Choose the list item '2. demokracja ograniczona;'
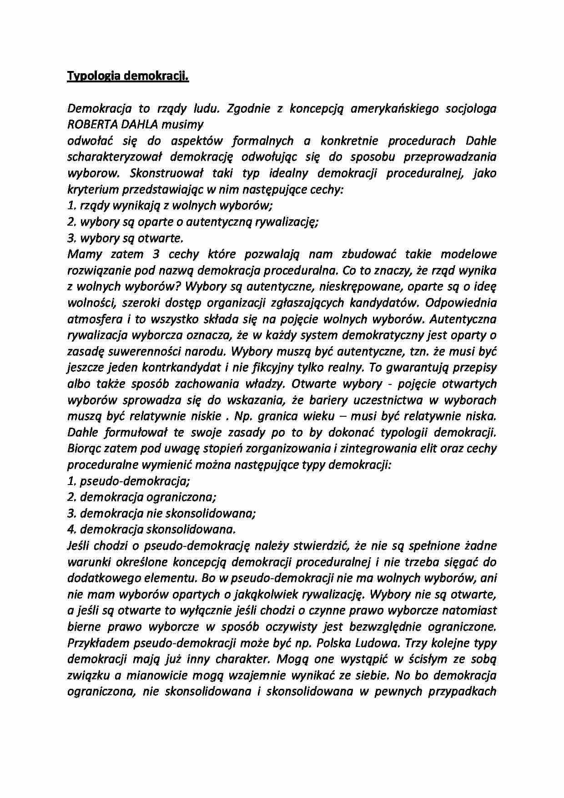coord(141,497)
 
